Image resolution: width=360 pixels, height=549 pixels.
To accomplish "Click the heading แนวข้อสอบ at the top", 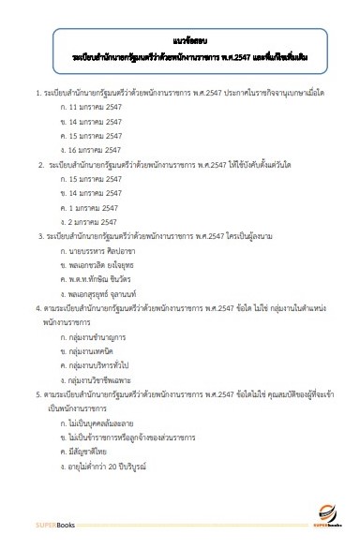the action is [181, 41].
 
